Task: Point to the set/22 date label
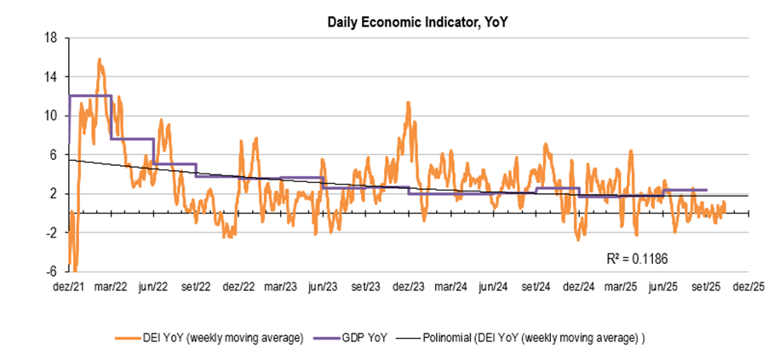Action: coord(196,287)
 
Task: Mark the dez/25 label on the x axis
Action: coord(749,287)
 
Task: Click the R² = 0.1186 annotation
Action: coord(631,254)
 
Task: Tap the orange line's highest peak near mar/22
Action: coord(100,60)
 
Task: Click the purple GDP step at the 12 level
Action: coord(90,95)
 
